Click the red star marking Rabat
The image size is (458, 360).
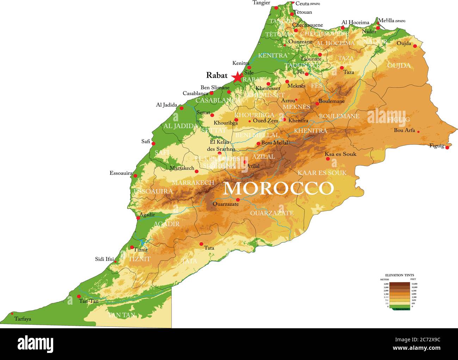237,77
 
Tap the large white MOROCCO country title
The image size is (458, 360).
278,188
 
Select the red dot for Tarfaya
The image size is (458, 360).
12,313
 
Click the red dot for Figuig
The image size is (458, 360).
447,147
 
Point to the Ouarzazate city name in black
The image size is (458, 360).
225,204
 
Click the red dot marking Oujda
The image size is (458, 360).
415,46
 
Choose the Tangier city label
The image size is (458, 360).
261,3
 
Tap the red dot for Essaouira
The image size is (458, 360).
135,175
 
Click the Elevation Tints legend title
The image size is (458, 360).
399,275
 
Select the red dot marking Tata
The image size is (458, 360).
201,244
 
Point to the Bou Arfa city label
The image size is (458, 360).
404,130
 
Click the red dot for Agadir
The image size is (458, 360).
138,218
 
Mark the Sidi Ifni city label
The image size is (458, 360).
104,259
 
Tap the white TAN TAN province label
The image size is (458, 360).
122,315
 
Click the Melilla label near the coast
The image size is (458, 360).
386,21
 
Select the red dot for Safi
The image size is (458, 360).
153,143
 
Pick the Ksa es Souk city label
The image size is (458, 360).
340,154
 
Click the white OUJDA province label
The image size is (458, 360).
399,66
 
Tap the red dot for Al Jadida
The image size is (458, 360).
181,108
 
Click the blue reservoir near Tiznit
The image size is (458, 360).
142,243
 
